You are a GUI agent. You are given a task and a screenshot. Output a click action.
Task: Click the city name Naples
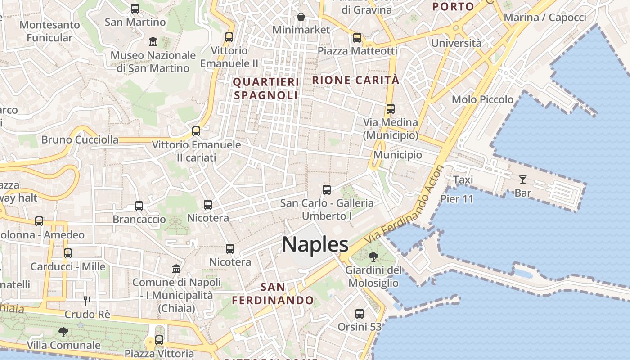coord(315,244)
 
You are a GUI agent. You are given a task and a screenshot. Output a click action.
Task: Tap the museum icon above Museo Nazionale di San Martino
coord(153,42)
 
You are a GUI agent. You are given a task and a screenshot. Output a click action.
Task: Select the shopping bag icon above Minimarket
coord(301,17)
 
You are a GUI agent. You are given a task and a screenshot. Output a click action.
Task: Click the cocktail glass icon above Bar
coord(522,180)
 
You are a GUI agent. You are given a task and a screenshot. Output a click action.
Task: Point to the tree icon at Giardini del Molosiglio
coord(373,257)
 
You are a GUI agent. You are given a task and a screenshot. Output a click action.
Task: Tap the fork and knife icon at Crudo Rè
coord(87,301)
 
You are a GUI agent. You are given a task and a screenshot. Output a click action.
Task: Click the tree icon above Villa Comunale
coord(63,332)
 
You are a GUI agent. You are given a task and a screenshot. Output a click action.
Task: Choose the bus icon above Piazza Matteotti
coord(357,38)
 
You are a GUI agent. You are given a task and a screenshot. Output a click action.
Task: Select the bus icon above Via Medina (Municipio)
coord(390,109)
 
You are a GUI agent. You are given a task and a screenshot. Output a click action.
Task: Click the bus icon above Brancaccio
coord(139,206)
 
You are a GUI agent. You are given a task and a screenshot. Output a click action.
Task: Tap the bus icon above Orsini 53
coord(359,313)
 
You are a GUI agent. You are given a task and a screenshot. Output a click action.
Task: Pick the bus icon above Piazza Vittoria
coord(159,340)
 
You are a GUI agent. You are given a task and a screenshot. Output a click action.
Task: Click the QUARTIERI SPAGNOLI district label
coord(266,89)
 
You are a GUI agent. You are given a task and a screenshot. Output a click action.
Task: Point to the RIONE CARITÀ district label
coord(355,80)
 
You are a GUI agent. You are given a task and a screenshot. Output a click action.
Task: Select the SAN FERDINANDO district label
coord(273,293)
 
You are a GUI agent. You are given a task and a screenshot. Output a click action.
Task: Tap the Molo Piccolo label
coord(482,99)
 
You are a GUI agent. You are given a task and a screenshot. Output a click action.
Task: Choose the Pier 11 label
coord(457,199)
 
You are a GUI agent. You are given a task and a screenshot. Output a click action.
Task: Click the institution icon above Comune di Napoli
coord(176,269)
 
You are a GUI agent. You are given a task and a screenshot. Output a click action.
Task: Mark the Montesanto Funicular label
coord(49,31)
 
